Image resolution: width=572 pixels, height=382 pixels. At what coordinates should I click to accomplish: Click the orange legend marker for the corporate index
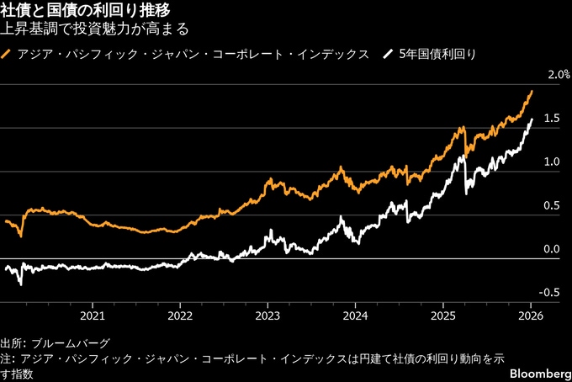(8, 54)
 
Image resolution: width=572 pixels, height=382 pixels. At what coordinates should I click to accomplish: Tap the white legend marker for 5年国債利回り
(388, 54)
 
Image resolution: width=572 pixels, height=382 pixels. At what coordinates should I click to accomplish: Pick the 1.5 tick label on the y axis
(552, 119)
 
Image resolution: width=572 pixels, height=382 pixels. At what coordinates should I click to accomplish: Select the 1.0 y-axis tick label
(552, 162)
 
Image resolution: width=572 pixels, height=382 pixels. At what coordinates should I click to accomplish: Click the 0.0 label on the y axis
(552, 249)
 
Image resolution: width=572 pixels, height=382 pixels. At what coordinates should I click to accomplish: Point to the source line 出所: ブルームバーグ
(55, 343)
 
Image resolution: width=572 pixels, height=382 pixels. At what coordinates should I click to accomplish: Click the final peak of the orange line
(532, 91)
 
